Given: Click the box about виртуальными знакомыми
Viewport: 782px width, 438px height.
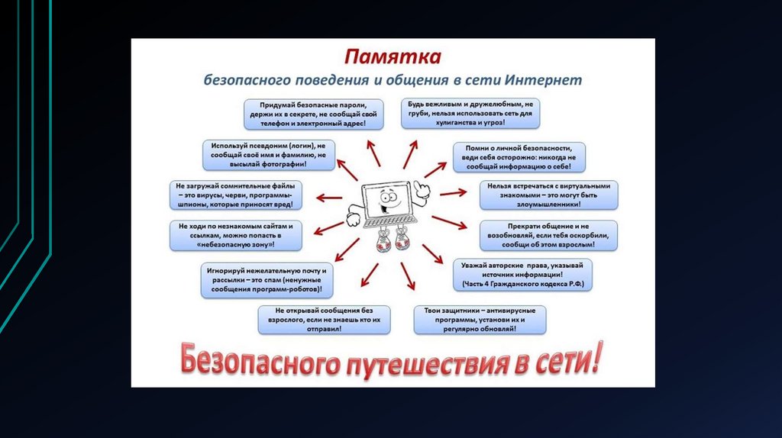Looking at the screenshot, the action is [548, 195].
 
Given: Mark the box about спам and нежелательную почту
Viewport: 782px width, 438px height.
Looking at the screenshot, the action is [267, 280].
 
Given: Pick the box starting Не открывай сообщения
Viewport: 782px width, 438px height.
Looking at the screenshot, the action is [324, 320].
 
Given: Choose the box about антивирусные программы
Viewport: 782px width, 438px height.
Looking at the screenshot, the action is [480, 320].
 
